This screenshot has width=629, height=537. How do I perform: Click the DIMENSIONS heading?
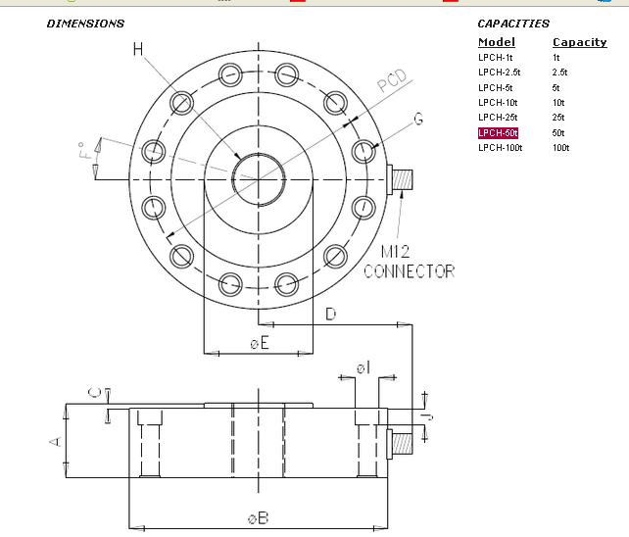coord(85,23)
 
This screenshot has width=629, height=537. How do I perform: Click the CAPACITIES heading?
coord(513,23)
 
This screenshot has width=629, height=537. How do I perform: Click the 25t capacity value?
coord(559,118)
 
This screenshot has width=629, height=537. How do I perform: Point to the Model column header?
coord(496,42)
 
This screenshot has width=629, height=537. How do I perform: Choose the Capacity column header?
coord(579,42)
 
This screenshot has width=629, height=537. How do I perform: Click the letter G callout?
coord(418,119)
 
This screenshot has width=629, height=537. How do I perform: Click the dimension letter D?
coord(331,313)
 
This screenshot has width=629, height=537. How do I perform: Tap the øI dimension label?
coord(363,366)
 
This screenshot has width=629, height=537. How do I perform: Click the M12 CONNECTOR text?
coord(409,261)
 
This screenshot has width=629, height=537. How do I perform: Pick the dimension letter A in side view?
coord(55,441)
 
